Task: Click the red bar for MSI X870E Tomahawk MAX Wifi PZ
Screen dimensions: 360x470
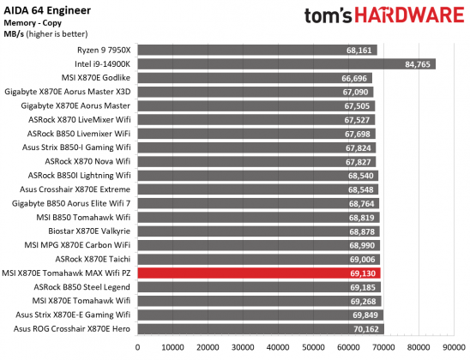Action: tap(257, 273)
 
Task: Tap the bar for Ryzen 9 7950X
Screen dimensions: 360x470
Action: tap(257, 50)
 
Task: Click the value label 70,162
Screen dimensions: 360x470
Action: tap(366, 328)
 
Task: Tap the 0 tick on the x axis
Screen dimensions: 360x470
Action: tap(138, 347)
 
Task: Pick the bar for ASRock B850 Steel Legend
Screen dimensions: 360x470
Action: tap(257, 286)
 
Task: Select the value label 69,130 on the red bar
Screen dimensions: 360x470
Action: tap(363, 273)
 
